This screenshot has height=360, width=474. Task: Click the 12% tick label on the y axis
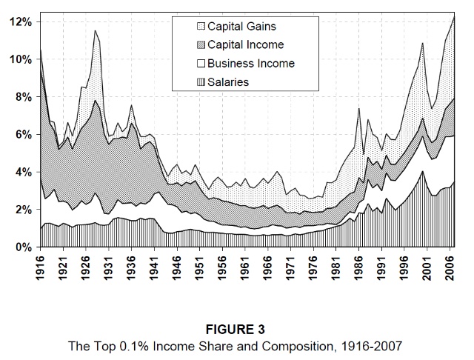tap(19, 22)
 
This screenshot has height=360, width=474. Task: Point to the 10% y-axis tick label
tap(19, 59)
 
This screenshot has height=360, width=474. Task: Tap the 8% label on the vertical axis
tap(22, 97)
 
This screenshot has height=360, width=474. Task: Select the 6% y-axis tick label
tap(22, 135)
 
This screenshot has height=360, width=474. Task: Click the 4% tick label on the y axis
tap(22, 173)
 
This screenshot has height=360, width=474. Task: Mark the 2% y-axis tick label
tap(22, 210)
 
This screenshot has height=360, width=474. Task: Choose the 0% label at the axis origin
tap(22, 247)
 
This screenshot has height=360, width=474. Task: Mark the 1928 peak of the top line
tap(96, 30)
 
